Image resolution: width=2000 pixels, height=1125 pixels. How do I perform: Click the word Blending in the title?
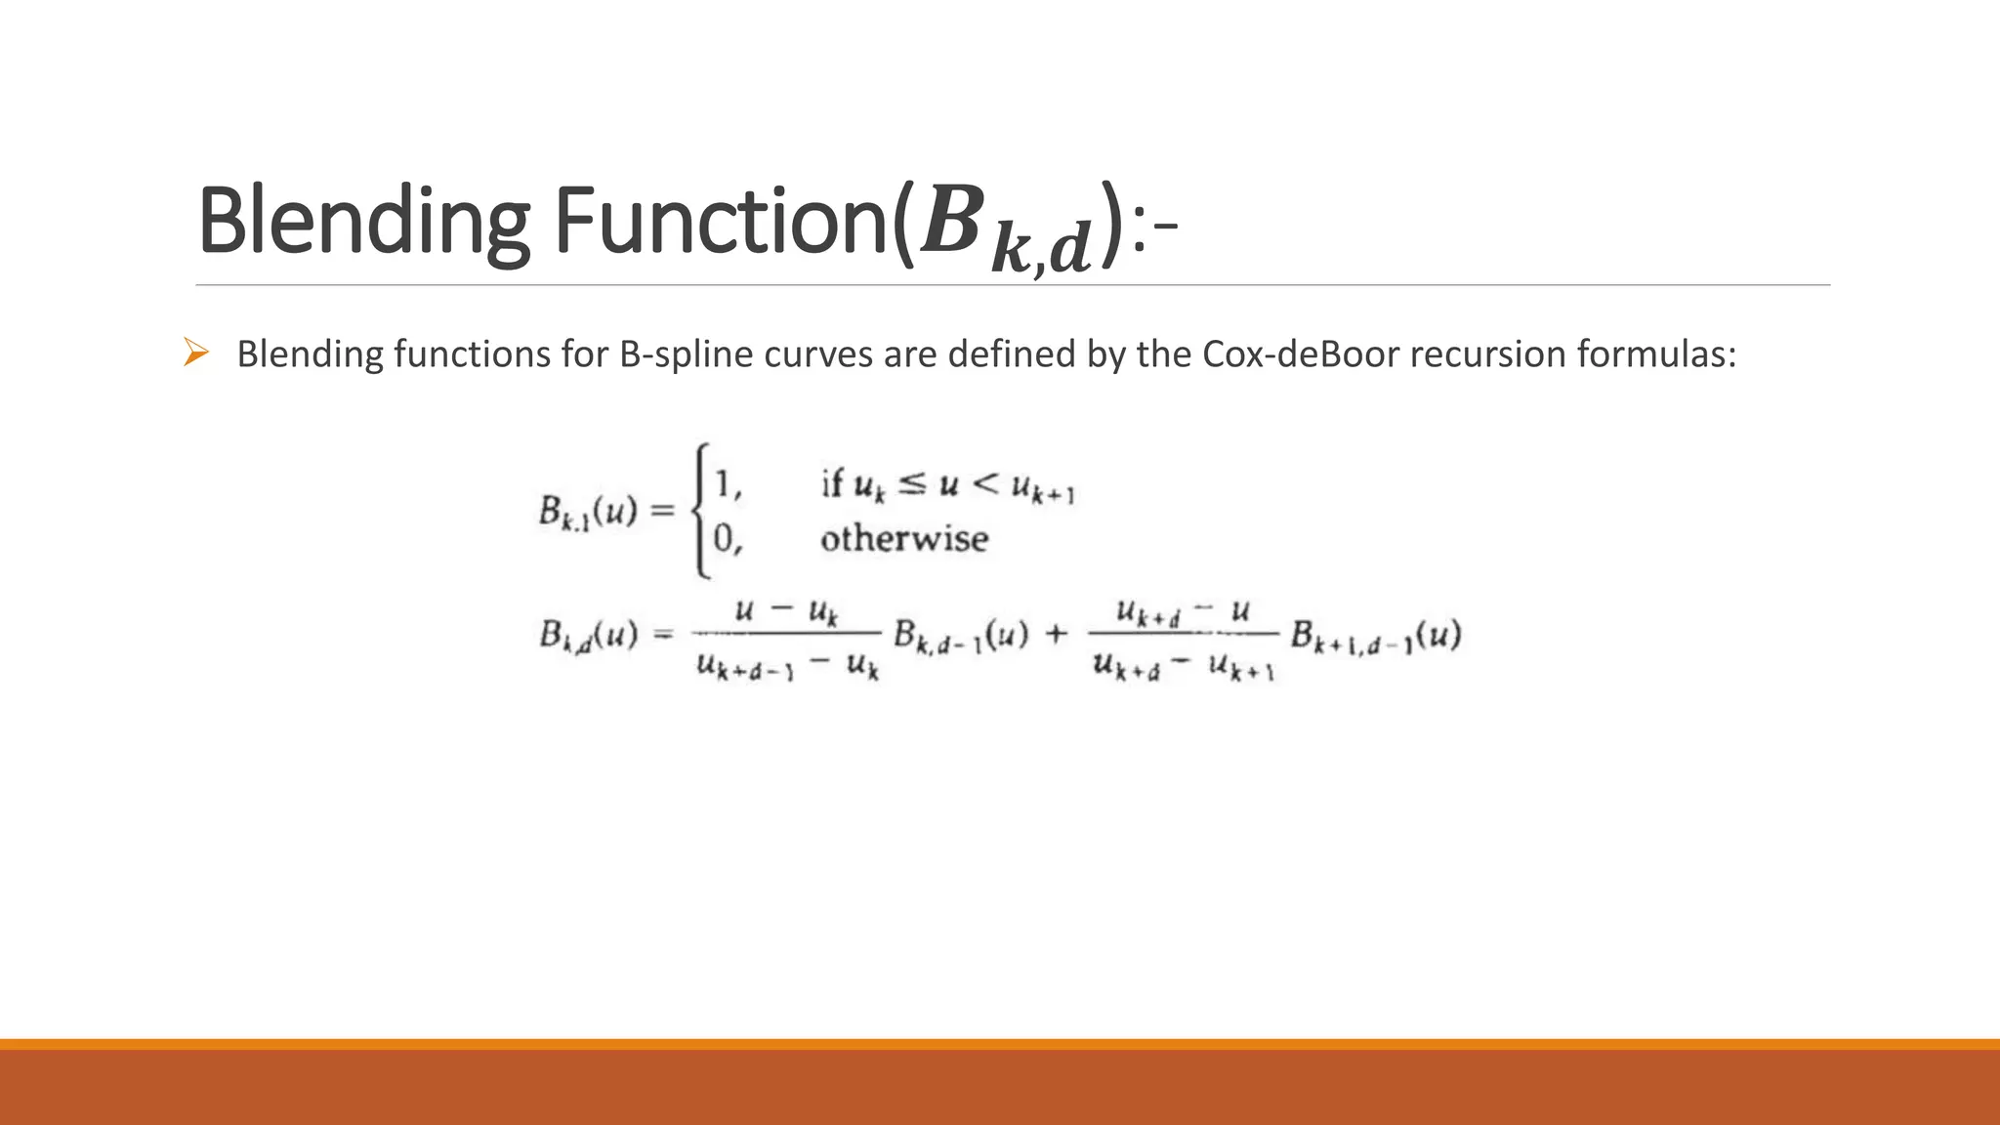[363, 221]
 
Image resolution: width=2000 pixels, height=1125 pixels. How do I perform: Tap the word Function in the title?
[723, 221]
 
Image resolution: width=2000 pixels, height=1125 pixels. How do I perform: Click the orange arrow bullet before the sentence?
[196, 353]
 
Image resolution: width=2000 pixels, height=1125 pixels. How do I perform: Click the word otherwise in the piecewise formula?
[904, 539]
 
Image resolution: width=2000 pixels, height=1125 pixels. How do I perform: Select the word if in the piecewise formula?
[831, 483]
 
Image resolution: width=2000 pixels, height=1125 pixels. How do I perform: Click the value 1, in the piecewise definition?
[728, 484]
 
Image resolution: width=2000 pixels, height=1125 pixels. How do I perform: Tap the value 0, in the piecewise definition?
[728, 539]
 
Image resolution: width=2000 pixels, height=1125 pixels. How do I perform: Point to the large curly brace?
[699, 511]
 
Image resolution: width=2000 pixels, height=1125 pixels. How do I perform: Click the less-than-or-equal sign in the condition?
[911, 483]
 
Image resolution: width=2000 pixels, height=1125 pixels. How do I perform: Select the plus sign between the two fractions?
[1057, 635]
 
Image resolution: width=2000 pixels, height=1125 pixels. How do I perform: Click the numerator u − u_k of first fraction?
[786, 612]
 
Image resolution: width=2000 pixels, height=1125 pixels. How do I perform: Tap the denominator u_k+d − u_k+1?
[1184, 667]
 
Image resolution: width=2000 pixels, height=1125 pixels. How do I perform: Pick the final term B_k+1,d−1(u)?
[1375, 637]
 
